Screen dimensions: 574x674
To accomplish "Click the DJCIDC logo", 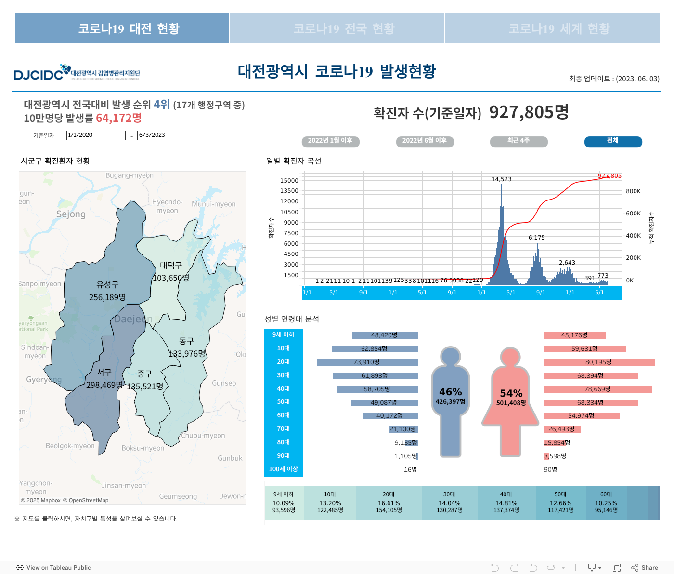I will tap(77, 73).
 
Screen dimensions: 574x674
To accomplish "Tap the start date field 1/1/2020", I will tap(96, 135).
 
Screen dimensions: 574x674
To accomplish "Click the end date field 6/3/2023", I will tap(167, 135).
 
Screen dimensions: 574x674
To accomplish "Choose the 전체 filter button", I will tap(613, 141).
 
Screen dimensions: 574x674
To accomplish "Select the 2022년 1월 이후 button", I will tap(330, 141).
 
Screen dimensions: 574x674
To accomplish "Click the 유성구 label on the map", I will tap(107, 285).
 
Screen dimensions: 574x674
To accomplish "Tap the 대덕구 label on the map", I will tap(171, 266).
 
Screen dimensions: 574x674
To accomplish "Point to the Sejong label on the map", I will tap(71, 214).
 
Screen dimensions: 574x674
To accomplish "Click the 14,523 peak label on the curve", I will tap(501, 179).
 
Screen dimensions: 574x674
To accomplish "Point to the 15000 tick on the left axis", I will tap(289, 181).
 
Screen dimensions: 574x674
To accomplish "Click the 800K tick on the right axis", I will tap(633, 191).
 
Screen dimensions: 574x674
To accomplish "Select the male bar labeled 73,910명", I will tap(367, 362).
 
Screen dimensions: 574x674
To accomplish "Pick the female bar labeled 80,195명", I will tap(599, 362).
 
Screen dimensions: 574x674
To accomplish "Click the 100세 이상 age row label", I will tap(284, 469).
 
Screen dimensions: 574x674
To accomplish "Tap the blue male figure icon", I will tap(451, 400).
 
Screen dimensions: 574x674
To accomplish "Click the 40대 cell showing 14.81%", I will tap(506, 503).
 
